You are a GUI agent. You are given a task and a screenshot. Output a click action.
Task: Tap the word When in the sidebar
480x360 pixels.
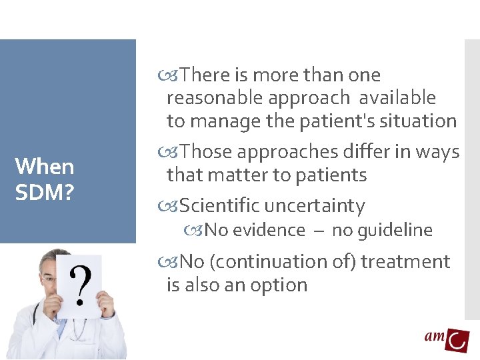coord(44,166)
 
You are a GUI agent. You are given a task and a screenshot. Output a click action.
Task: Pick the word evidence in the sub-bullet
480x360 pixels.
coord(274,231)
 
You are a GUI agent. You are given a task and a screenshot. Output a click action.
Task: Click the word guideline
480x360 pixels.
coord(393,231)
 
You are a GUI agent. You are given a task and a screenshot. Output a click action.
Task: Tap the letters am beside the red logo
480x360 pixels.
coord(435,337)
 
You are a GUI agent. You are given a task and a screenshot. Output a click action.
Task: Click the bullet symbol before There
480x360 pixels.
coord(172,75)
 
